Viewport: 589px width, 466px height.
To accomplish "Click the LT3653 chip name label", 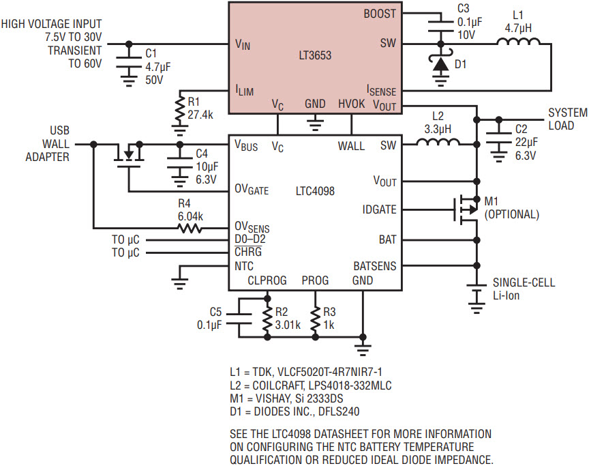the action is coord(315,56).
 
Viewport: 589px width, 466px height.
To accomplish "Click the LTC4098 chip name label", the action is coord(315,191).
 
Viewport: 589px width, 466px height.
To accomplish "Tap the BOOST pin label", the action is coord(380,14).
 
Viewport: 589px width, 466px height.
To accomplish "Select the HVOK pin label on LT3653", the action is coord(351,104).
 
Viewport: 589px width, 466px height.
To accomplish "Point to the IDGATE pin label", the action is coord(380,209).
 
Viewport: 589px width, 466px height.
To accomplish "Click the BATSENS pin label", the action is coord(375,266).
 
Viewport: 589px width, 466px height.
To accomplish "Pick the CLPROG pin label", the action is coord(267,280).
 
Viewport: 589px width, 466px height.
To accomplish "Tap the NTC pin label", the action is coord(244,266).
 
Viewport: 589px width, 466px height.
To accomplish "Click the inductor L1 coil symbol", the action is coord(519,42).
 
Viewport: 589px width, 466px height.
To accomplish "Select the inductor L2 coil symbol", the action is coord(438,141).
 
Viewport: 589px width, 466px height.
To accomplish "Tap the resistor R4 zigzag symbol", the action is coord(190,228).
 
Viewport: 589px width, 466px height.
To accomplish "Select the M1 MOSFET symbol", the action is coord(466,209).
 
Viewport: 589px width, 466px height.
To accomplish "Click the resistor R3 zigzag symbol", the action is coord(316,319).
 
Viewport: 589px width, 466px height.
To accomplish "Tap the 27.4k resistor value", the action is coord(200,115).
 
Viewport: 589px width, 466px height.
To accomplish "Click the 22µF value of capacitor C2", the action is coord(526,142).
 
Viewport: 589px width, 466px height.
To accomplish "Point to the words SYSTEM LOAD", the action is coord(568,119).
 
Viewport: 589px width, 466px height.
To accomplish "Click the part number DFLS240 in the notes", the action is coord(338,411).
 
